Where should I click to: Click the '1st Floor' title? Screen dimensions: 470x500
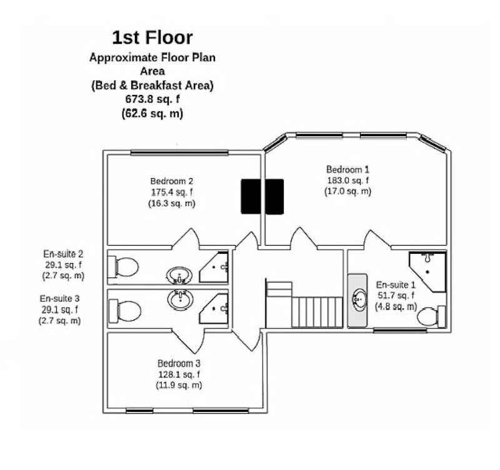pos(152,39)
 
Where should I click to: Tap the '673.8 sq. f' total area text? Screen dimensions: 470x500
pos(152,99)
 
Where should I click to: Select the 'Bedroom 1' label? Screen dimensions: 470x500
pos(348,169)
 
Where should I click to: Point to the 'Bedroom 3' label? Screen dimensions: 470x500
pos(179,363)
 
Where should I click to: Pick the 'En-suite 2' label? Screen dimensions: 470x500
pos(63,254)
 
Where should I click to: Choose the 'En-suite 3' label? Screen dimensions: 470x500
pos(60,299)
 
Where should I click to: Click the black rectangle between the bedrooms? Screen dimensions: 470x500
pos(262,196)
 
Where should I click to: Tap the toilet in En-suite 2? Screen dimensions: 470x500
pos(124,267)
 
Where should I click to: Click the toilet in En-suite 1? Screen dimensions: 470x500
pos(431,316)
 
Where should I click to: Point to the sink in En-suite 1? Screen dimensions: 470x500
pos(359,299)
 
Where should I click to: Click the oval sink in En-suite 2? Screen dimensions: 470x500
pos(180,275)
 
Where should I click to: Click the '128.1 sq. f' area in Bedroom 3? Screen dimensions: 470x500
pos(179,374)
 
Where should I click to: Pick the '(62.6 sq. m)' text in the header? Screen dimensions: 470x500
pos(152,114)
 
